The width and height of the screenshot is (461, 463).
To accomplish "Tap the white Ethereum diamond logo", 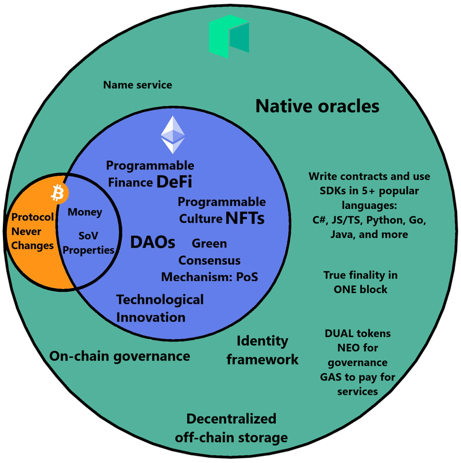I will pos(173,135).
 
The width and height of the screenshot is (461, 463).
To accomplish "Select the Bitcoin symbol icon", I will pos(58,194).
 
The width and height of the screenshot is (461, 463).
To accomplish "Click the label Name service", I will pos(137,85).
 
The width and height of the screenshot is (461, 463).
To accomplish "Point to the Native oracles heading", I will pos(317,106).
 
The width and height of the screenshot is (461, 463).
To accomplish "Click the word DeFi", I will pos(174,182).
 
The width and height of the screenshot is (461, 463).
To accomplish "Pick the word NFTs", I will pos(245,218).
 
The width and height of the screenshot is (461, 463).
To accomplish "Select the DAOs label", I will pos(153,242).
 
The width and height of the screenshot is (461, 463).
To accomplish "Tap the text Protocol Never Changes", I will pos(33,231).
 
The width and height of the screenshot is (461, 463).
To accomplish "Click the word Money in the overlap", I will pos(85,212).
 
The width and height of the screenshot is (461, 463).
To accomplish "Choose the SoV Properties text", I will pos(89,243).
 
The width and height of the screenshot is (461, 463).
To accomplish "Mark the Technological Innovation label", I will pos(160,308).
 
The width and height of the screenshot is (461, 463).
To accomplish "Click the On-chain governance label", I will pos(120,356).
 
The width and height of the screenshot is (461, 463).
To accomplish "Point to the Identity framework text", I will pos(263,350).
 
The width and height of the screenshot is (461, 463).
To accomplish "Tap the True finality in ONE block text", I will pos(361,282).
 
